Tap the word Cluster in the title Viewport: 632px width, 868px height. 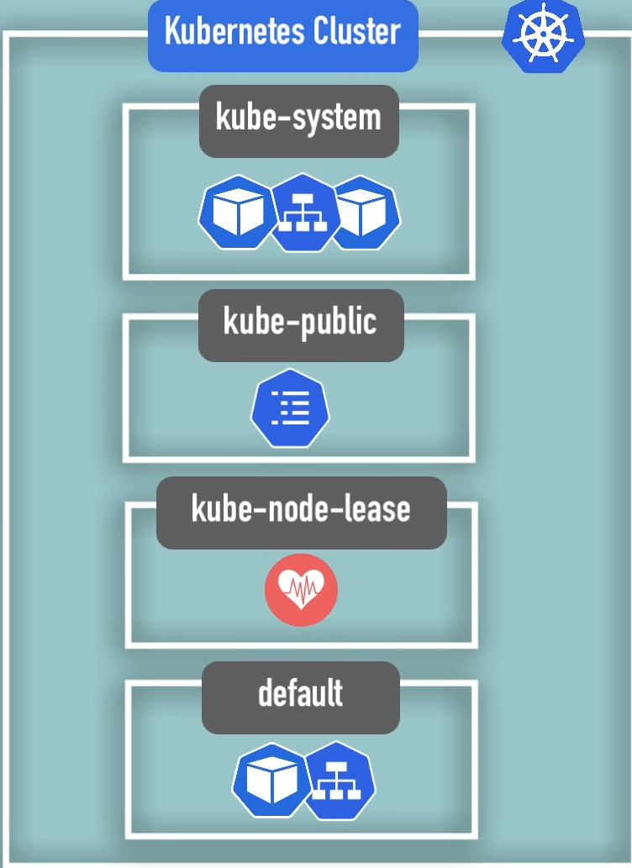tap(356, 32)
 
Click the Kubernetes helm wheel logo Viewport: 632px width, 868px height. tap(543, 35)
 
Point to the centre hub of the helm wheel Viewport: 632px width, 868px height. tap(543, 36)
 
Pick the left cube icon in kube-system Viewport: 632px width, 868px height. tap(238, 213)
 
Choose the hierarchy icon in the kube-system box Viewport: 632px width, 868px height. tap(303, 213)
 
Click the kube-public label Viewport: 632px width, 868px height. tap(300, 322)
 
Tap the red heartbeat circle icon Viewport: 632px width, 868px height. tap(301, 590)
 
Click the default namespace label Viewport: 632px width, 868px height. tap(300, 694)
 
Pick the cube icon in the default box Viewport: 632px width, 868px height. tap(271, 781)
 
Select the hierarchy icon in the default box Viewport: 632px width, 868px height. tap(337, 781)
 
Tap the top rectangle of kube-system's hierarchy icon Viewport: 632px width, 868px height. tap(303, 199)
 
